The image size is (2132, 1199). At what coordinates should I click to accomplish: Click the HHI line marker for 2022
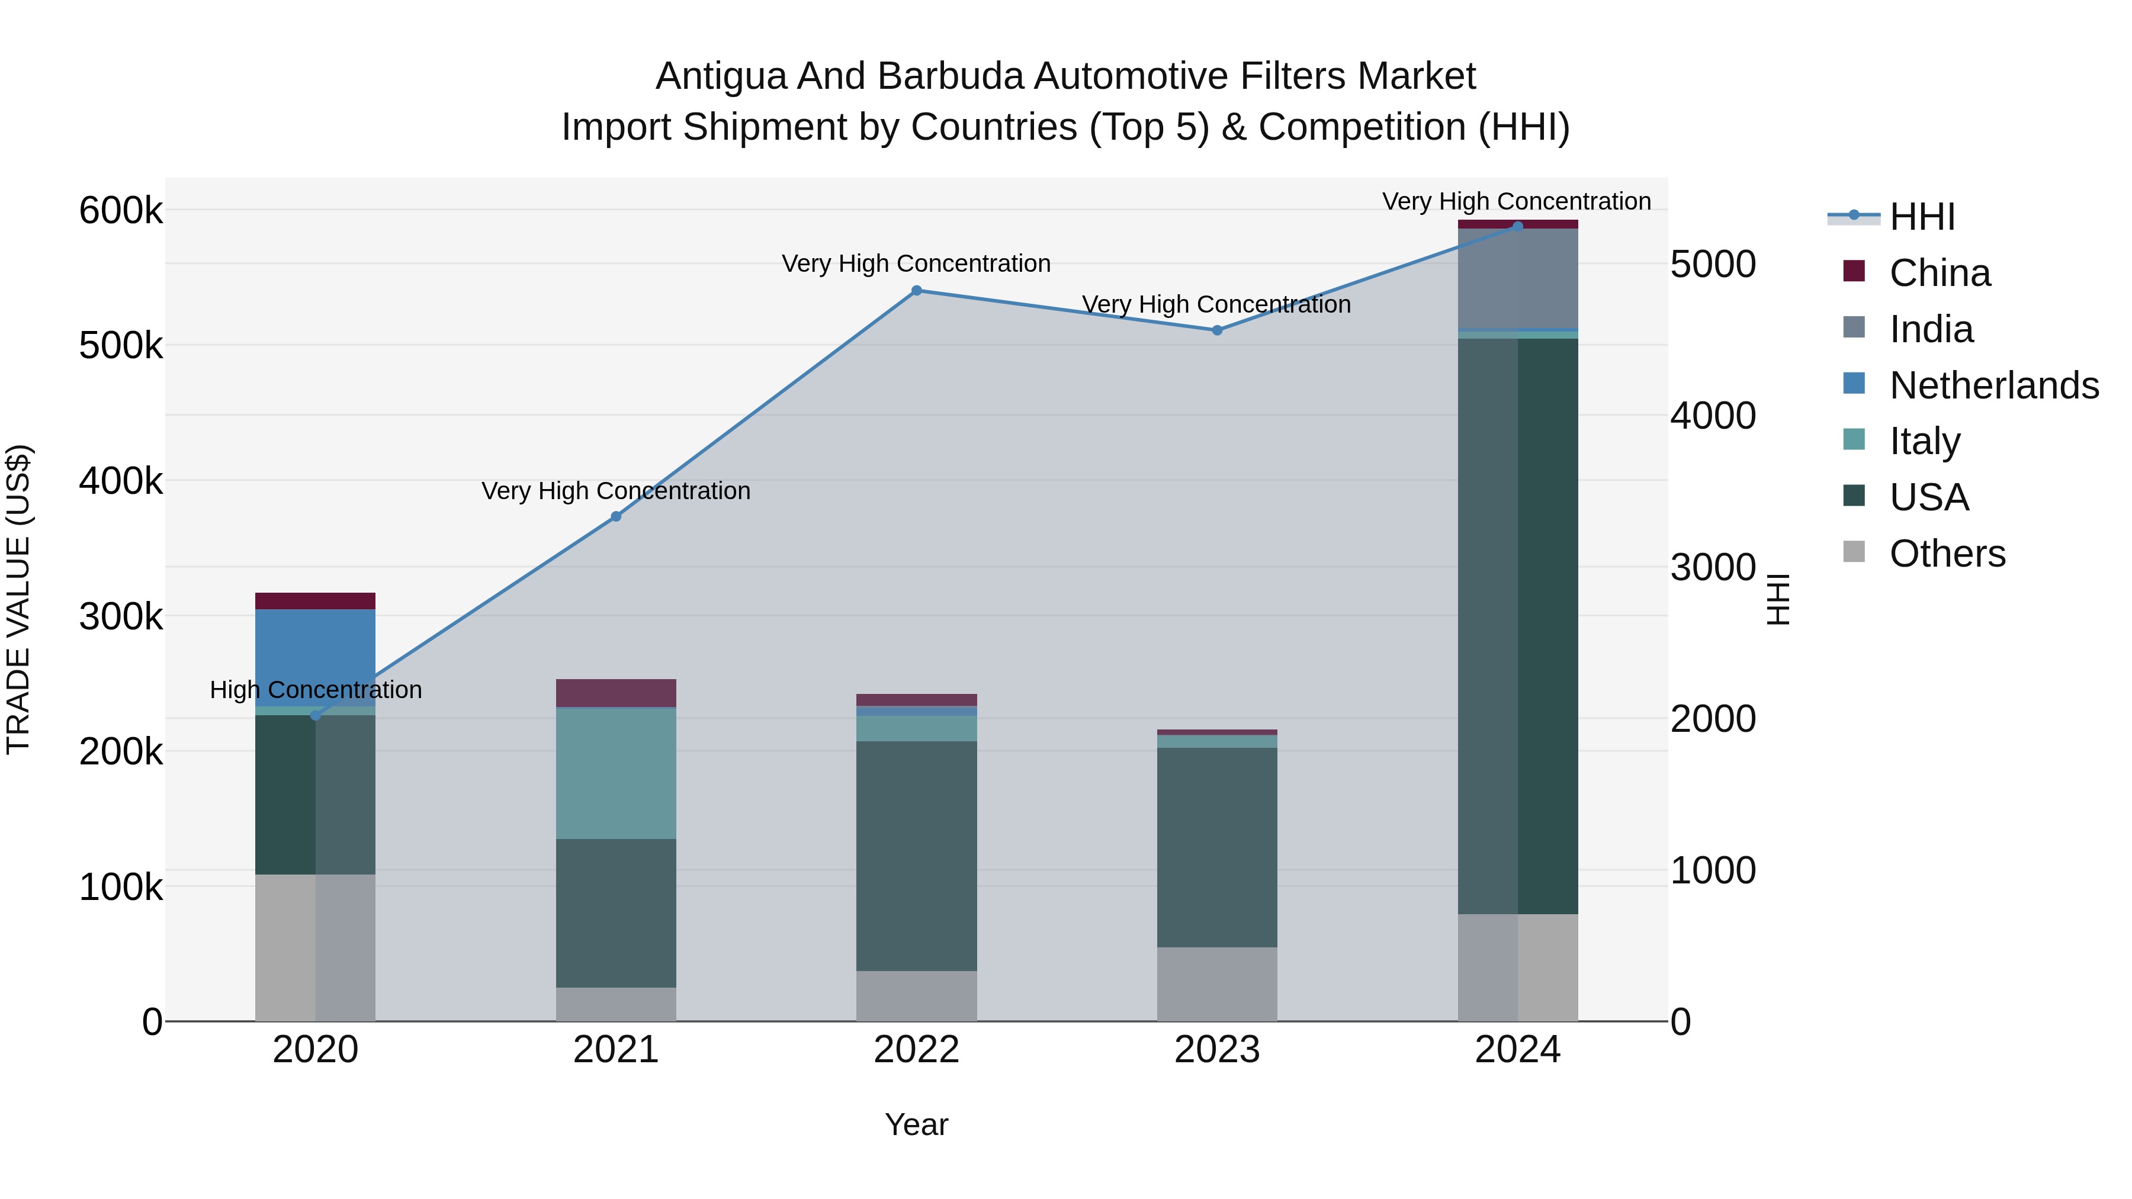click(916, 291)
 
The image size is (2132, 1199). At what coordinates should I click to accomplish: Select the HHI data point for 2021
click(616, 516)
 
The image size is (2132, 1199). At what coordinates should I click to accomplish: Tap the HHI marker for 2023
click(1216, 330)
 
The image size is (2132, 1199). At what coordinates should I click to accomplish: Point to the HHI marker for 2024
click(1517, 226)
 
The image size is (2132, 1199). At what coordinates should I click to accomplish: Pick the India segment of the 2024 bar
click(1517, 278)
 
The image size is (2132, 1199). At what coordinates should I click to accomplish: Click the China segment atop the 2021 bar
click(616, 693)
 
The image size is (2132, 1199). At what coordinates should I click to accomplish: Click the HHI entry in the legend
click(1922, 217)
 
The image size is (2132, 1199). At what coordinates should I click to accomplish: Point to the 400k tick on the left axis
click(121, 481)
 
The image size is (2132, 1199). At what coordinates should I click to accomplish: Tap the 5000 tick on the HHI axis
click(1712, 265)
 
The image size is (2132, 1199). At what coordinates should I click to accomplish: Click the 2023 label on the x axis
click(1216, 1050)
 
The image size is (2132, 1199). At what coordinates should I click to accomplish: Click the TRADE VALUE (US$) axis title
click(18, 599)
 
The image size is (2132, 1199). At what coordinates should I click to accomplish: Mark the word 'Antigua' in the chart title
click(721, 76)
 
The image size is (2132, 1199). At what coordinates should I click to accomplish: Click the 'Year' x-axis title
click(916, 1124)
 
